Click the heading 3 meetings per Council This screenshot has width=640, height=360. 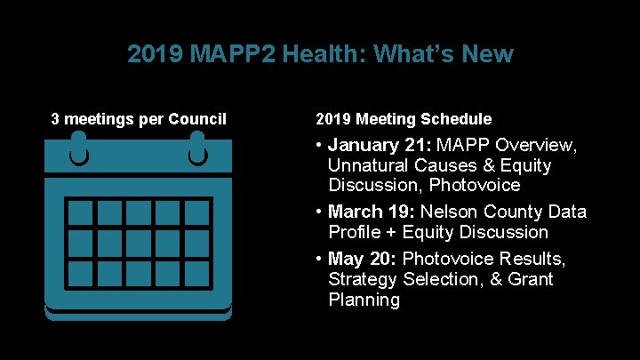(x=139, y=119)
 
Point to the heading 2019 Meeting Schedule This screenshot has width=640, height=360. (x=404, y=119)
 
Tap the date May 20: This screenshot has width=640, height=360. (x=363, y=259)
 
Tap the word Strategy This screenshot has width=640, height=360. (x=363, y=279)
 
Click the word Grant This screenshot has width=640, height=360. (x=530, y=279)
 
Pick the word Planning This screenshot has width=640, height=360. (x=364, y=300)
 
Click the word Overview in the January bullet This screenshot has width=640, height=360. (x=536, y=145)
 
